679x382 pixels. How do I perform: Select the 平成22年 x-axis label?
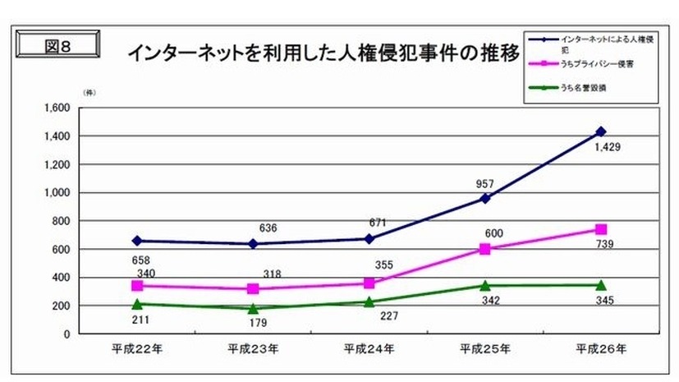(x=137, y=347)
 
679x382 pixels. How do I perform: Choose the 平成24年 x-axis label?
(x=369, y=347)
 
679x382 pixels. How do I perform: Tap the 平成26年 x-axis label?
(x=600, y=347)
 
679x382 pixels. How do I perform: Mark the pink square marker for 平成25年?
(x=484, y=249)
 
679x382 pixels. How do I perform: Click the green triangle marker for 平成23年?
(x=253, y=309)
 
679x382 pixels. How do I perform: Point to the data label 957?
(x=484, y=183)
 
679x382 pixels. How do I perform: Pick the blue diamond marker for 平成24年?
(x=369, y=238)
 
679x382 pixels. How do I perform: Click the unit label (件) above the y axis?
(x=89, y=93)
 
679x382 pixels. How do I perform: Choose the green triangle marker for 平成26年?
(x=600, y=285)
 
